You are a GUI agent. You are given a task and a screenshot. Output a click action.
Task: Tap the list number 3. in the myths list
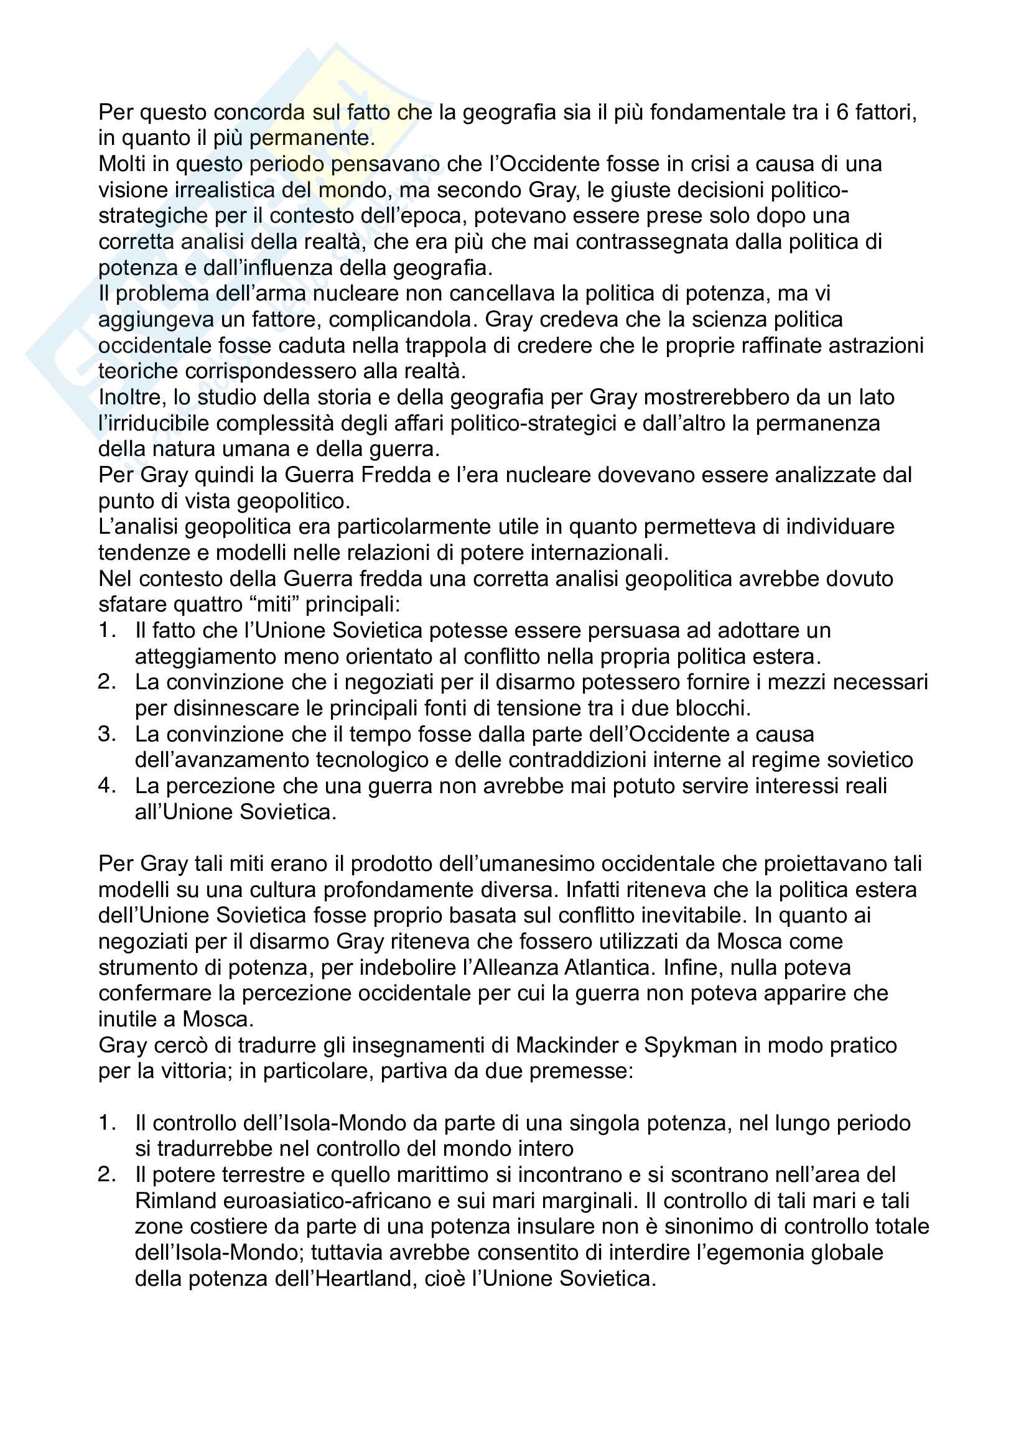pyautogui.click(x=107, y=735)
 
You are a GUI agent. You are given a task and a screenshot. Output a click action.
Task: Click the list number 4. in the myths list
pyautogui.click(x=107, y=786)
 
